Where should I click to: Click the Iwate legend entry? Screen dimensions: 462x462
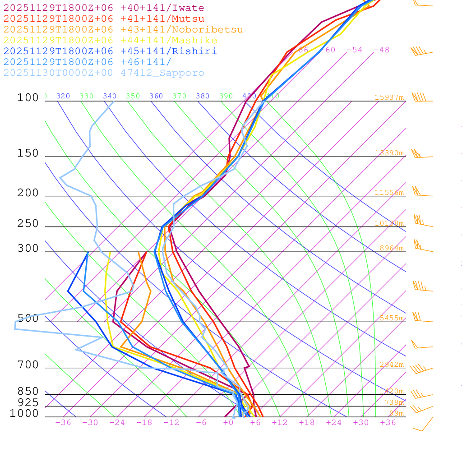pos(104,8)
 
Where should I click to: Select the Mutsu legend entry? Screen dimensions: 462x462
pos(104,19)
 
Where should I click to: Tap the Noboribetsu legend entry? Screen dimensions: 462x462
pos(123,30)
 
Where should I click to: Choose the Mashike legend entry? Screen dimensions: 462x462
pos(111,41)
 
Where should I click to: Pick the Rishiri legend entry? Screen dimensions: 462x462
pos(111,51)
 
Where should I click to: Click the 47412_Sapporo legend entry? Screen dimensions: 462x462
pos(104,73)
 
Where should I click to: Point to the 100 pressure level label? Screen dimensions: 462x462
pos(28,97)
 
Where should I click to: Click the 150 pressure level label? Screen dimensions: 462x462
pos(28,153)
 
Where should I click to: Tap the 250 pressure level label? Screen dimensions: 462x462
pos(28,224)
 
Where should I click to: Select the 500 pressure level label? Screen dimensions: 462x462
pos(28,319)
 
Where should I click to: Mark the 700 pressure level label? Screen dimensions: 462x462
pos(28,365)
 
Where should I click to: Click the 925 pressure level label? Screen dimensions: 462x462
pos(28,402)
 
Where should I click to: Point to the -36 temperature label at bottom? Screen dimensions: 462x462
pos(63,423)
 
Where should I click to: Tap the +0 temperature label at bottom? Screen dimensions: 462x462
pos(228,423)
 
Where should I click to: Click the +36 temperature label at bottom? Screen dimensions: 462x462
pos(388,423)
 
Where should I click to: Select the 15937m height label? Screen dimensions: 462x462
pos(389,97)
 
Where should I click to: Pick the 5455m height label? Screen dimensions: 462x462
pos(391,318)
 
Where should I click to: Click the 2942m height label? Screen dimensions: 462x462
pos(391,365)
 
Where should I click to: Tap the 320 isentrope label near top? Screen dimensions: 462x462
pos(63,96)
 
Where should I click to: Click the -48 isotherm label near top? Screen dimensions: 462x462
pos(381,50)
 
